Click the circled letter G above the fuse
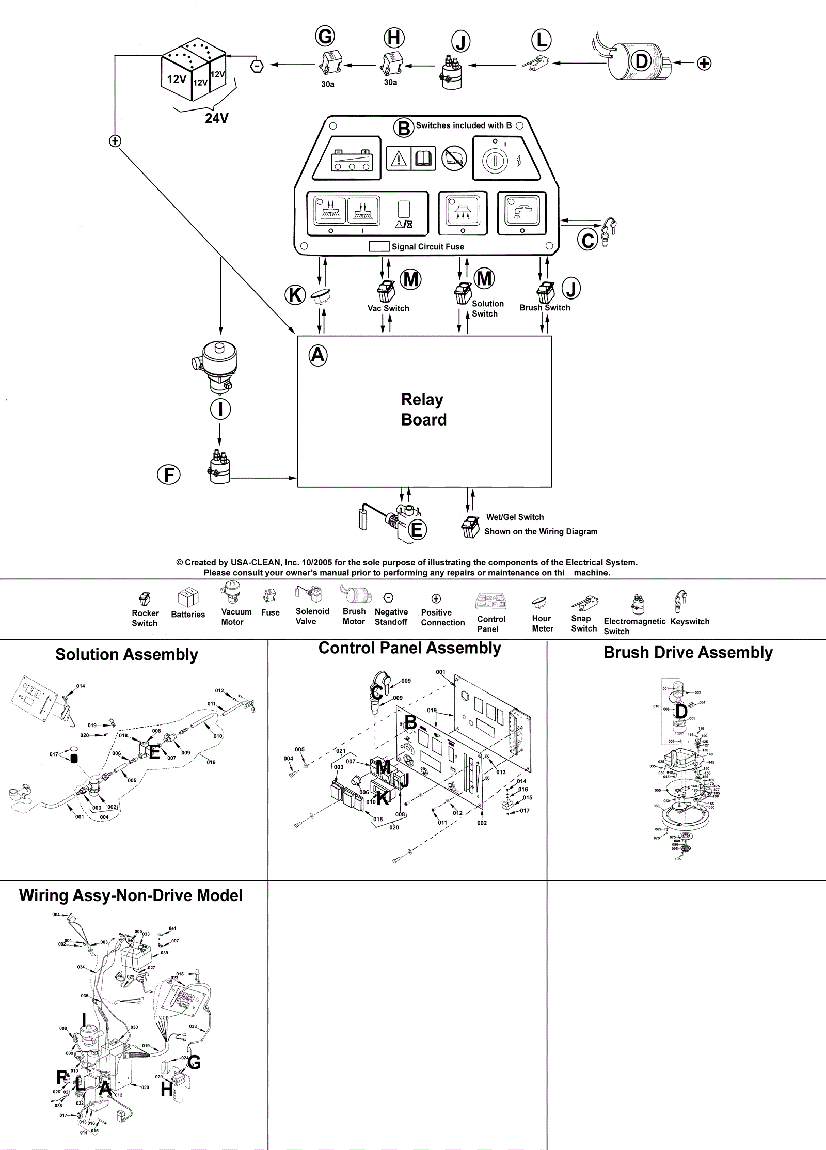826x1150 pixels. pos(325,37)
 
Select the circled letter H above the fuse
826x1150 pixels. pos(394,38)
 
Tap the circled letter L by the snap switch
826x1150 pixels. pos(542,40)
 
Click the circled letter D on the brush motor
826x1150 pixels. pos(642,61)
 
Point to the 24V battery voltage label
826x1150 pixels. pos(216,118)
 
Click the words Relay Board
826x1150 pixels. pos(423,409)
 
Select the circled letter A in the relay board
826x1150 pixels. pos(318,355)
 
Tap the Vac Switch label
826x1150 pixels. pos(388,308)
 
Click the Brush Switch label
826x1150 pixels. pos(545,308)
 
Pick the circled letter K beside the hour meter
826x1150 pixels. pos(295,295)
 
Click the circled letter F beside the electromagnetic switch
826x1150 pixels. pos(169,475)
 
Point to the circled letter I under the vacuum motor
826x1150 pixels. pos(220,409)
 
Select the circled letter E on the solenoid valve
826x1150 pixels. pos(417,530)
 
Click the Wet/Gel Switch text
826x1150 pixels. pos(515,517)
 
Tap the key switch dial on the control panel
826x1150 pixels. pos(495,161)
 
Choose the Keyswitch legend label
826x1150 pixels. pos(690,622)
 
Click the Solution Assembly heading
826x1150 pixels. pos(126,655)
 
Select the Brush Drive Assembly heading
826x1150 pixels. pos(688,653)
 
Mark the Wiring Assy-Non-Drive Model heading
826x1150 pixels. pos(131,895)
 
